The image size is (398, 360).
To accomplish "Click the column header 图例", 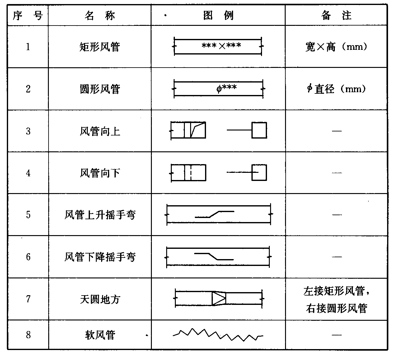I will [218, 15].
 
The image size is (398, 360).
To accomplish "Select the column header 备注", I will [336, 15].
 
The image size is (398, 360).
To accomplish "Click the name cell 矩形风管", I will [100, 47].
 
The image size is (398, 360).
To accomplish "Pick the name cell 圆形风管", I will [100, 89].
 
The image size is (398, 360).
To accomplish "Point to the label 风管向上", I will [100, 131].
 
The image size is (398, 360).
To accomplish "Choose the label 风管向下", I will [100, 173].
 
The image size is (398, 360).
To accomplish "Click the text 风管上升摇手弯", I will [100, 215].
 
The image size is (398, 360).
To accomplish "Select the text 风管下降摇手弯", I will [100, 257].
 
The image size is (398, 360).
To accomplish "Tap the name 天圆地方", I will [100, 299].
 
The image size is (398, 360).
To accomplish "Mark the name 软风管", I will [100, 335].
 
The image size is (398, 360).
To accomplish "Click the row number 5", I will [28, 215].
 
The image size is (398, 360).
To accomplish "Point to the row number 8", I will [28, 335].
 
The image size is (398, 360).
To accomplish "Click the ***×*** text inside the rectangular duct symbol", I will [221, 46].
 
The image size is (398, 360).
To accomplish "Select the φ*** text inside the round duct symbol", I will [227, 88].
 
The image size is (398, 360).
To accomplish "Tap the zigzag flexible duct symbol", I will [218, 335].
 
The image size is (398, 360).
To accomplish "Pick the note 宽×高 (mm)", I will [336, 47].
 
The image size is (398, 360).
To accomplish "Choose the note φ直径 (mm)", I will [336, 89].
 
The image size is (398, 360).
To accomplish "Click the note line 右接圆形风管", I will [336, 308].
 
